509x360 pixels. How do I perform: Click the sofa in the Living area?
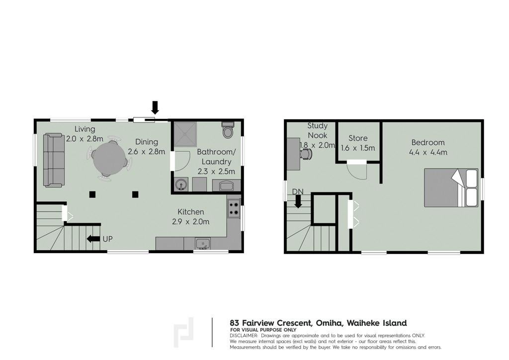click(54, 160)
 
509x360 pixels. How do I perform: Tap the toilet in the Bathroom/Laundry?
click(228, 130)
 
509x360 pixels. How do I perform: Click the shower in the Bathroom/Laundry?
click(185, 134)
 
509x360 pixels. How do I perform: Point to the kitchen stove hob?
click(234, 209)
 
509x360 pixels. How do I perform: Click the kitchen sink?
click(203, 244)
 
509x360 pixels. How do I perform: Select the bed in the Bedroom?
click(451, 187)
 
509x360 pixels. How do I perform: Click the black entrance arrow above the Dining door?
click(155, 107)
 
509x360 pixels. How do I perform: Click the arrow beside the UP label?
click(93, 239)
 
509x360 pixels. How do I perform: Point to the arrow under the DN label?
click(298, 202)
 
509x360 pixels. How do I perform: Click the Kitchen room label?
click(190, 212)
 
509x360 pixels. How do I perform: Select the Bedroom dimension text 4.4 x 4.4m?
click(428, 152)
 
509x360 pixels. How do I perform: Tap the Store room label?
click(358, 138)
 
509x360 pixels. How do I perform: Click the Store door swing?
click(356, 170)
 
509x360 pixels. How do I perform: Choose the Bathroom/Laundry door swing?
click(180, 161)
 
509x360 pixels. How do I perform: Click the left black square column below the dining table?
click(92, 194)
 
